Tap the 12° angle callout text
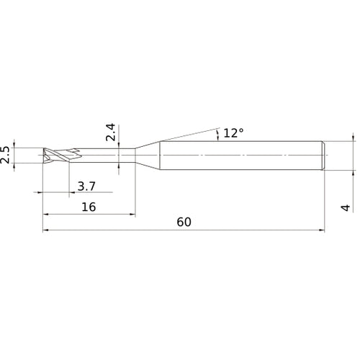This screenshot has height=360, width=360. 234,132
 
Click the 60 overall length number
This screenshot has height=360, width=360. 184,223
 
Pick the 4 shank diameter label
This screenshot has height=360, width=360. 346,207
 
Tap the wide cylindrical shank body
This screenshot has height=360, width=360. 238,156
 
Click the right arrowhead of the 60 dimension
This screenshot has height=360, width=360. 321,231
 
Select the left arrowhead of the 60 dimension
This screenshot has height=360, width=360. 48,231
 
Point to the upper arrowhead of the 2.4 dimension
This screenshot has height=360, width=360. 120,146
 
